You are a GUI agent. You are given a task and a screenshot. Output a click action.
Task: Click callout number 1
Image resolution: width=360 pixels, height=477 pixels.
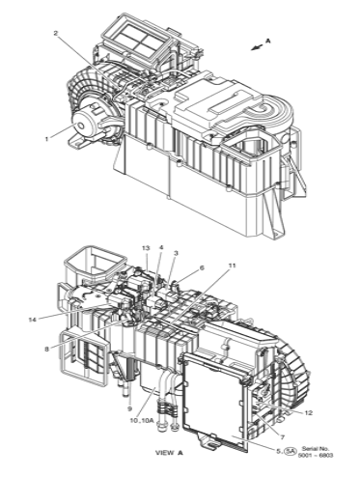(47, 139)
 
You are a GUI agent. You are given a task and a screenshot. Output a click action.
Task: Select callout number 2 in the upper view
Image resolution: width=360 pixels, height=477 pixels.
(56, 33)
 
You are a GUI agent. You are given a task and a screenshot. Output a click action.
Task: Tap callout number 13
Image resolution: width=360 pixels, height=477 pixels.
(147, 248)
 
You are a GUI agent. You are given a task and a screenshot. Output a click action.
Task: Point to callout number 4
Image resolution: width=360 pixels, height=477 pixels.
(161, 247)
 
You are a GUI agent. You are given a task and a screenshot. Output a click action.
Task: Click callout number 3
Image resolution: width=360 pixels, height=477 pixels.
(176, 253)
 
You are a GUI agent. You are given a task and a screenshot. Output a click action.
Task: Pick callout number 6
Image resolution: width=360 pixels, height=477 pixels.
(202, 267)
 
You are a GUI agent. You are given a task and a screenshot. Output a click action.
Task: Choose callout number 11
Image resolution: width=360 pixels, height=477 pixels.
(232, 266)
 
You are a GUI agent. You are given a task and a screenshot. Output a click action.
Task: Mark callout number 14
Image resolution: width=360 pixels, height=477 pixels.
(33, 320)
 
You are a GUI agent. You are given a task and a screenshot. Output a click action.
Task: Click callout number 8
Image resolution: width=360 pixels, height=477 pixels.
(47, 349)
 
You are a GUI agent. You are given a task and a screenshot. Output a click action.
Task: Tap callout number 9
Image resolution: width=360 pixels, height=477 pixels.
(129, 409)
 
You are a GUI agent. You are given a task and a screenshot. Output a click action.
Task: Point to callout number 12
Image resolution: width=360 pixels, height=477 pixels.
(308, 413)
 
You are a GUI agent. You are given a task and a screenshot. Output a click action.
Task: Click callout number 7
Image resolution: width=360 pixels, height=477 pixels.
(282, 437)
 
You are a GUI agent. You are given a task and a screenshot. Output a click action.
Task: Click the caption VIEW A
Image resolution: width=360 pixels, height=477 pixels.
(170, 453)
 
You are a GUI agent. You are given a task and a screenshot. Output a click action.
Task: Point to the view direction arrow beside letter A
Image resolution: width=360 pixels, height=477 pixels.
(258, 47)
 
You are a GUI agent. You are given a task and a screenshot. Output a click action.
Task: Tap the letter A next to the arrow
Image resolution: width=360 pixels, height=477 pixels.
(267, 41)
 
